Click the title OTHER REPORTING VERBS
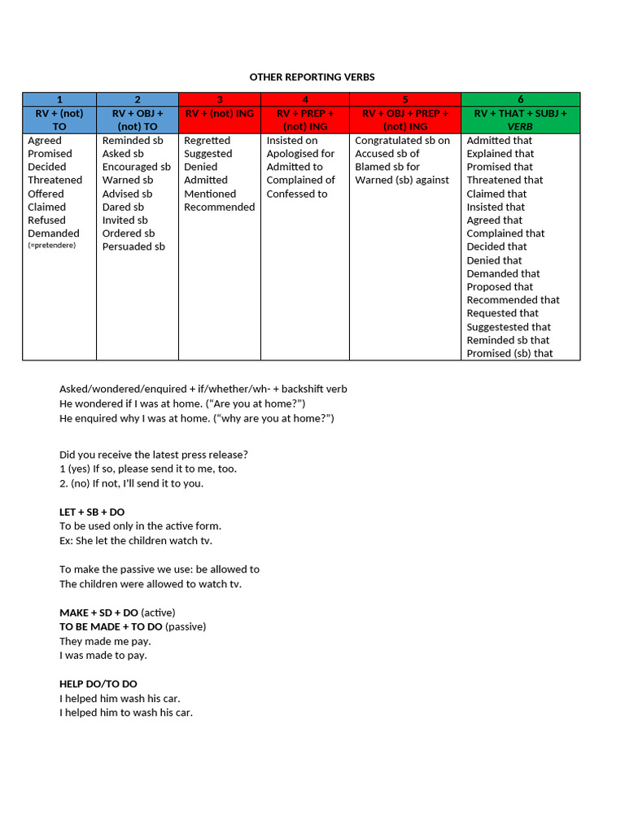[x=312, y=77]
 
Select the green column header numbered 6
[x=520, y=99]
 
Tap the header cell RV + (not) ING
[x=219, y=114]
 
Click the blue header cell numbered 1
[x=59, y=99]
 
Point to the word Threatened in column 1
[x=55, y=180]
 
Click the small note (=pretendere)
[x=51, y=245]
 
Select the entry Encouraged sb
[x=136, y=167]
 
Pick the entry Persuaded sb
[x=133, y=246]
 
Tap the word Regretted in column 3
[x=207, y=140]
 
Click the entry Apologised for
[x=300, y=154]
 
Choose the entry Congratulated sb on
[x=402, y=140]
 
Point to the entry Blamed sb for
[x=387, y=167]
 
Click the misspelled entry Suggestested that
[x=509, y=327]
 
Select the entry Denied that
[x=494, y=260]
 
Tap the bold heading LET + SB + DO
[x=92, y=512]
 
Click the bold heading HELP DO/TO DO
[x=98, y=684]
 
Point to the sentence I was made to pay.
[x=103, y=656]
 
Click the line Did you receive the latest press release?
[x=154, y=455]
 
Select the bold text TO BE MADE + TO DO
[x=111, y=626]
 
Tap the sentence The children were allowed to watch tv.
[x=151, y=584]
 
